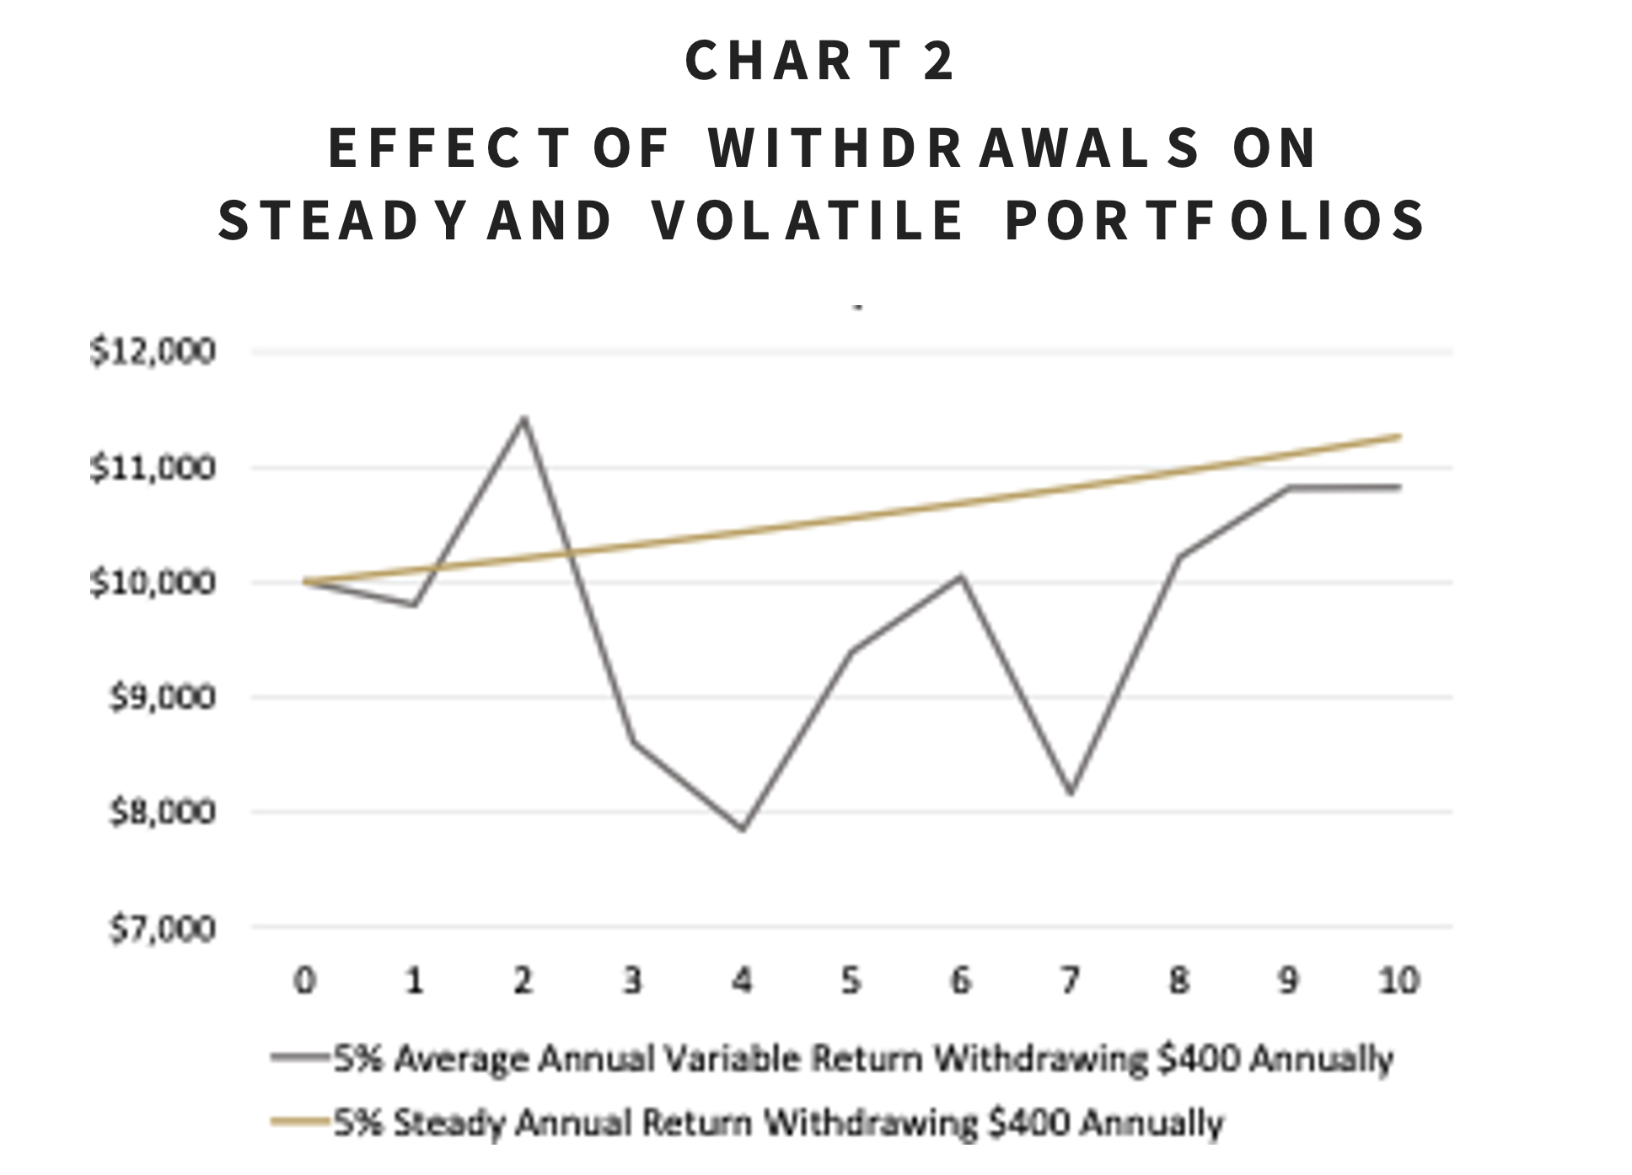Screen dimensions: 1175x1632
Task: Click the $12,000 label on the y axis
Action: point(153,351)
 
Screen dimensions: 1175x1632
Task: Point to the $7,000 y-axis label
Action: point(163,929)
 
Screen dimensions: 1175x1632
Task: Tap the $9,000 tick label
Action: point(163,698)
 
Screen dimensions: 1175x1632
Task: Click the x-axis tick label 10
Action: point(1398,980)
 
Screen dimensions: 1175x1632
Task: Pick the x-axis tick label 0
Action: point(304,980)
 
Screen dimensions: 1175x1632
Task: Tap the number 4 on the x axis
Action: point(742,980)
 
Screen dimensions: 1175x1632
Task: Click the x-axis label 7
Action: point(1070,980)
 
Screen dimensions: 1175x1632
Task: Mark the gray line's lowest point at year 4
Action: point(743,829)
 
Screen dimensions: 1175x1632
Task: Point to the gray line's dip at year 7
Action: point(1071,792)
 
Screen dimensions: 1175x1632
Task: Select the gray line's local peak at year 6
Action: point(961,577)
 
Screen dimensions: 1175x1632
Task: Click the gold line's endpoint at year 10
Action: point(1399,436)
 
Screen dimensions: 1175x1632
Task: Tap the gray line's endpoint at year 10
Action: point(1399,486)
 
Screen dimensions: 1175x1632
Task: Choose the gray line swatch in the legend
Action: point(299,1057)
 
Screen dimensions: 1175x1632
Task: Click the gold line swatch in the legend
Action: point(299,1122)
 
